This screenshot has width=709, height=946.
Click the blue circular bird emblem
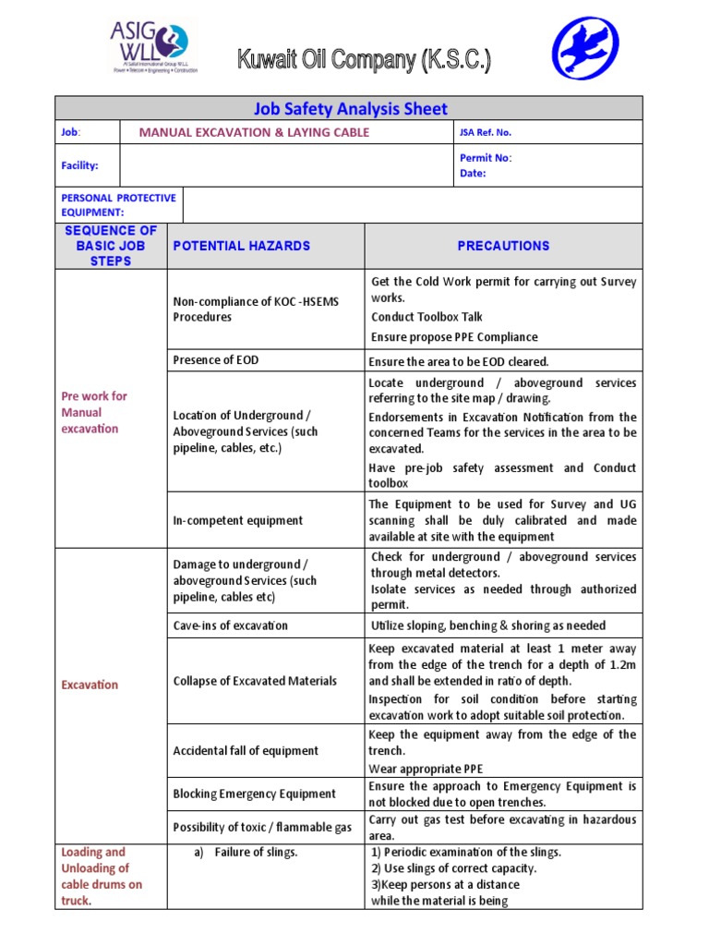point(585,49)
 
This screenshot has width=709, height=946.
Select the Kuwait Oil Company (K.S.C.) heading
point(364,62)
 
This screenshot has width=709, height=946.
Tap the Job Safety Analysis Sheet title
point(349,108)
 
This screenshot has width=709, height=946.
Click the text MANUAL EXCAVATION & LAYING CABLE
point(254,132)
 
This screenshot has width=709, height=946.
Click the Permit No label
point(486,158)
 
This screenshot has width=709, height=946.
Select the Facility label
point(79,166)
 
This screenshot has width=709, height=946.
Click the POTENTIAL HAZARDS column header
point(242,246)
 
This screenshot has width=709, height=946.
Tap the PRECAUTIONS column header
point(503,246)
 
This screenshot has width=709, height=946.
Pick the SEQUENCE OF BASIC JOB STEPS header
point(111,246)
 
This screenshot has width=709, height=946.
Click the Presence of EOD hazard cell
point(215,360)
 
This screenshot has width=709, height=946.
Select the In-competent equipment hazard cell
point(238,520)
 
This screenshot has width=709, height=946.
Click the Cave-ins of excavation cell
point(231,625)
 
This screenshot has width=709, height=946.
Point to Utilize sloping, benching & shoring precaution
point(488,625)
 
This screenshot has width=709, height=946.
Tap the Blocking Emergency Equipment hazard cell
point(255,794)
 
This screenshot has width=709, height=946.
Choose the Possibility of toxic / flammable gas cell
point(262,828)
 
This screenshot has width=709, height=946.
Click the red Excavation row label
point(90,685)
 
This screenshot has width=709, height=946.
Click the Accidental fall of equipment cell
point(246,751)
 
